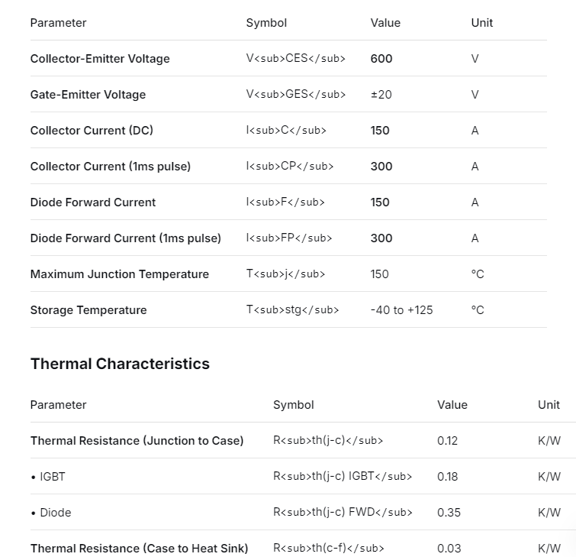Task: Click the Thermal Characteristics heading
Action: click(120, 364)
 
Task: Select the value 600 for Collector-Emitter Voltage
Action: click(381, 59)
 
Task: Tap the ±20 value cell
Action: click(381, 95)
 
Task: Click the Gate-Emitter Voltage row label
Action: click(88, 95)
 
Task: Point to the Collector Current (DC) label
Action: click(92, 131)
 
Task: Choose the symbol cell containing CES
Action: click(295, 59)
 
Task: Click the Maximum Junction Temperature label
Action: click(119, 274)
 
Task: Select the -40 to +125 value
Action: click(401, 310)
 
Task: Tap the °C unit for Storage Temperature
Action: click(478, 310)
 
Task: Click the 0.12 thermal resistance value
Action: click(447, 441)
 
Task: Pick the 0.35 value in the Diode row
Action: click(449, 513)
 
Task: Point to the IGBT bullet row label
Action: click(48, 477)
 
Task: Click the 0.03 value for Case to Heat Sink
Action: click(449, 549)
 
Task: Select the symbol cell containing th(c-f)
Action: click(328, 549)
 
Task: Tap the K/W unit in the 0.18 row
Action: click(549, 477)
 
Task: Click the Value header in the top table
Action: click(385, 23)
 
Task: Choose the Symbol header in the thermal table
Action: click(293, 405)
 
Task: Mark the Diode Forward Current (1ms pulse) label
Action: click(125, 238)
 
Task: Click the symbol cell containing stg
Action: click(292, 310)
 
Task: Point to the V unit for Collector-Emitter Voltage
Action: click(475, 59)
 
